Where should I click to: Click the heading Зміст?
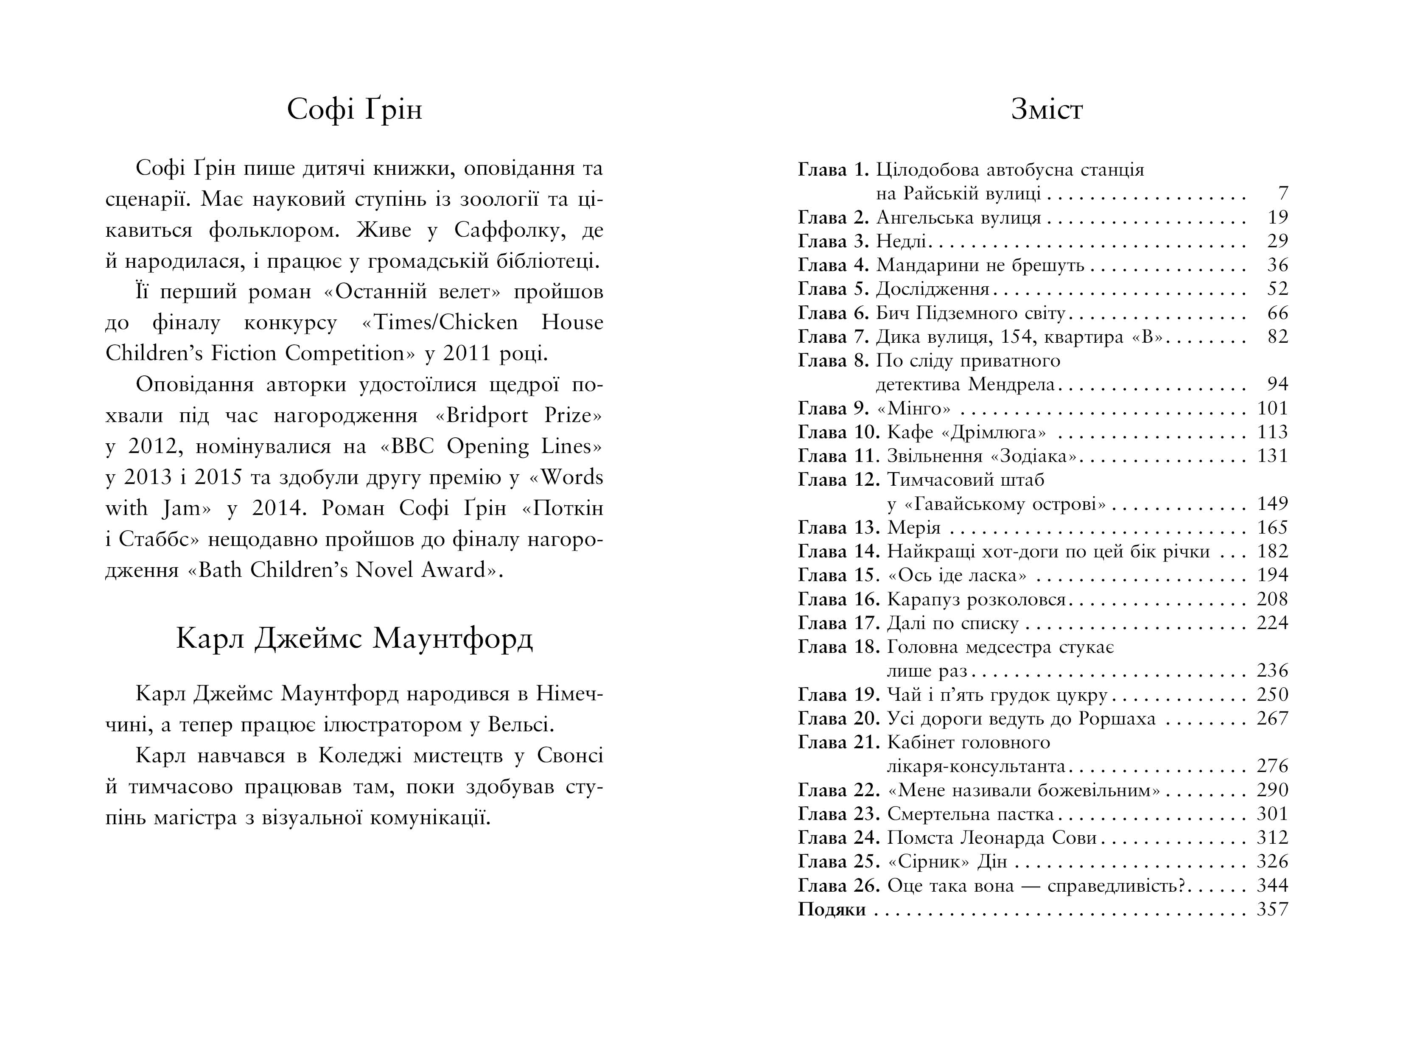tap(1047, 110)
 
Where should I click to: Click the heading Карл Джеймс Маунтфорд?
tap(354, 638)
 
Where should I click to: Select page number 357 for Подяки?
tap(1272, 909)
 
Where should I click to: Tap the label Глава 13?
tap(838, 528)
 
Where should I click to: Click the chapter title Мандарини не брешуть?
tap(980, 265)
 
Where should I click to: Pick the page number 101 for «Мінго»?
tap(1272, 408)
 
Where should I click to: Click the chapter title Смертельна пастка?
tap(970, 814)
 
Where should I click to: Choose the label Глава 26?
tap(838, 886)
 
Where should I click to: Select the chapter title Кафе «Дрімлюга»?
tap(966, 433)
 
